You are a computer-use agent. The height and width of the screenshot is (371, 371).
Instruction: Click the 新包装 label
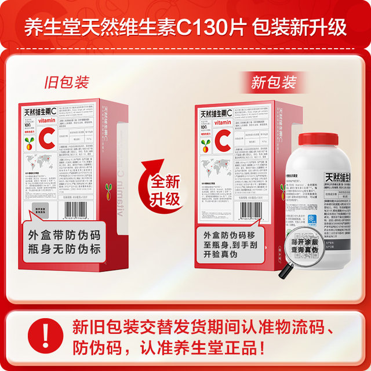pyautogui.click(x=273, y=82)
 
